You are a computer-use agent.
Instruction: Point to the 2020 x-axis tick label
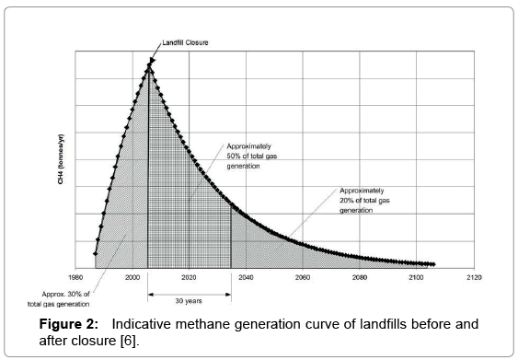click(188, 275)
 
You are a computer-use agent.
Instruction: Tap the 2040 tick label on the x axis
click(245, 275)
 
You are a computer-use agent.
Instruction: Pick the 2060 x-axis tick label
click(302, 275)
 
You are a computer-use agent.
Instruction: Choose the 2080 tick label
click(359, 275)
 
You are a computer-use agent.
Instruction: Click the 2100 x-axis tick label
click(416, 275)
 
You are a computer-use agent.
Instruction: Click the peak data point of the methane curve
click(148, 64)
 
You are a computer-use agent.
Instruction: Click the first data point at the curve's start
click(95, 253)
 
